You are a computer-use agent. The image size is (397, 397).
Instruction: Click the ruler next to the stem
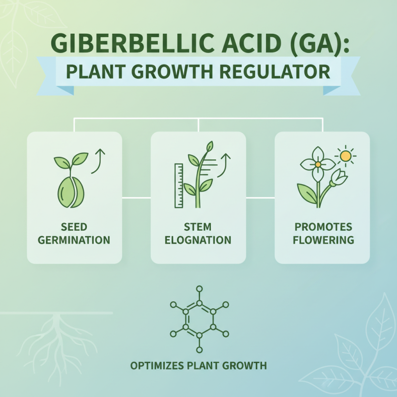tap(178, 185)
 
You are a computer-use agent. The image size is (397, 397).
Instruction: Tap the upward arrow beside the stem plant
tap(225, 165)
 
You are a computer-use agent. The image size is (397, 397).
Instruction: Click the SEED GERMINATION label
tap(74, 234)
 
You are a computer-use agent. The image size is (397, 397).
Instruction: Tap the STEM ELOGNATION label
tap(198, 234)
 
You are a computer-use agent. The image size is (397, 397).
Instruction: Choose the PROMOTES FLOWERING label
tap(323, 234)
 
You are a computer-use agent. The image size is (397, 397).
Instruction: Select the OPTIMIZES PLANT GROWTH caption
tap(198, 366)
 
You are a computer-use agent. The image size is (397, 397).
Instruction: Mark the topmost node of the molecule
tap(199, 288)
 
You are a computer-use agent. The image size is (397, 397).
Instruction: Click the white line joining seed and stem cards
tap(136, 198)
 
